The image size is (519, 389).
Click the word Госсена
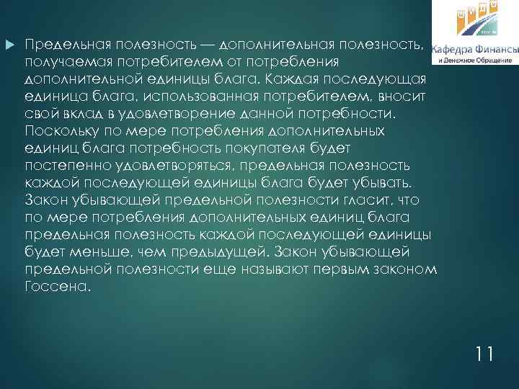57,285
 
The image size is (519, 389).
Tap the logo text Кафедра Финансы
474,50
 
